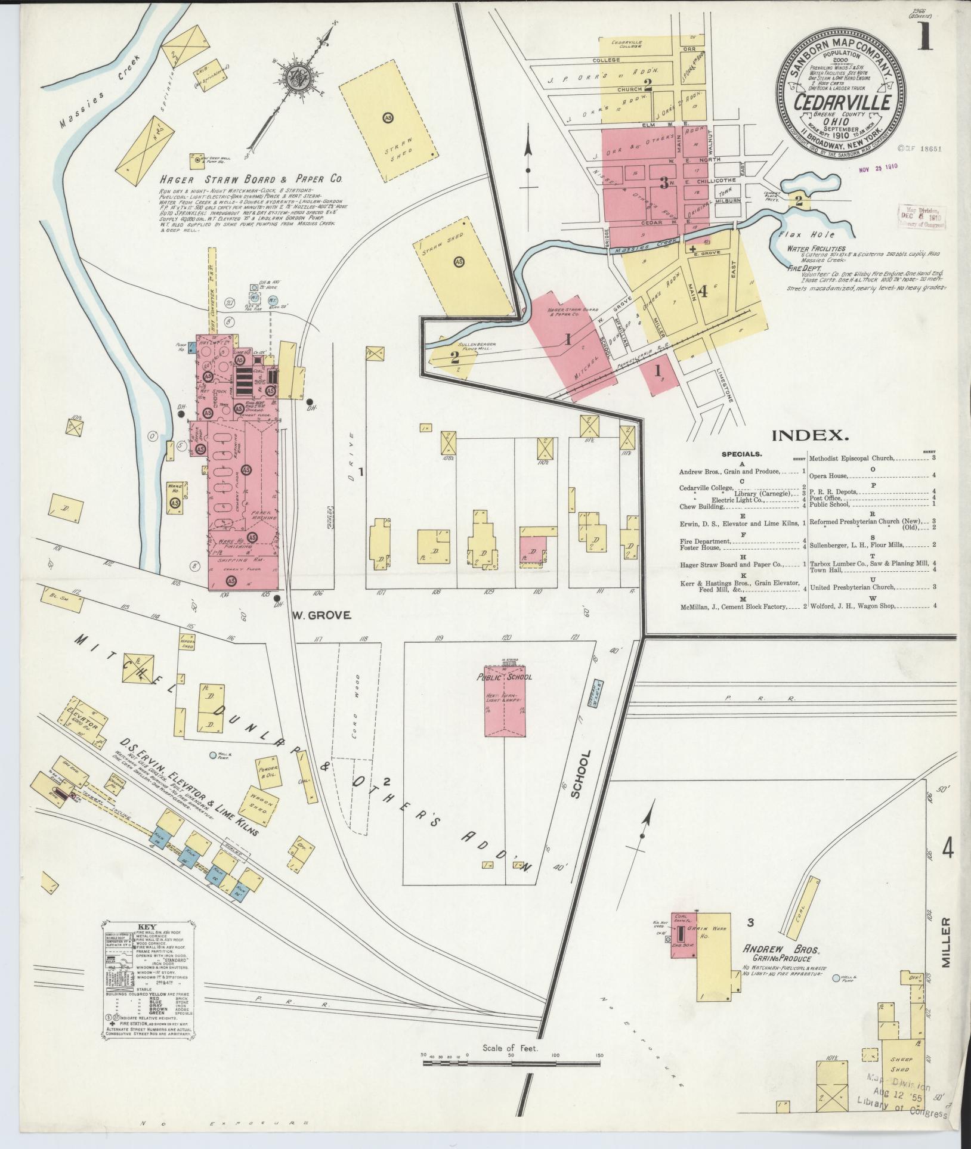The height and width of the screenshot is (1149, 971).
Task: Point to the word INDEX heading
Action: (811, 435)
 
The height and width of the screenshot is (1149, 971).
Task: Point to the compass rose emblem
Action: (296, 77)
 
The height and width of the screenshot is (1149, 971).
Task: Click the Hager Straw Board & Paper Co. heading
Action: (249, 178)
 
